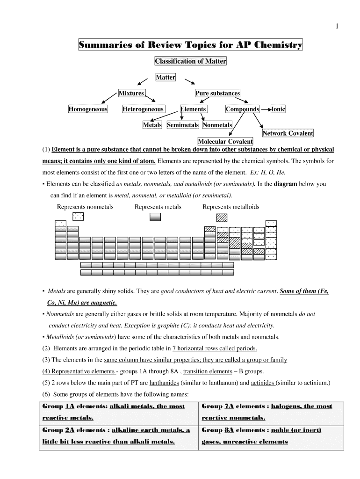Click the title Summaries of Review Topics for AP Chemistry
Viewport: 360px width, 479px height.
(190, 45)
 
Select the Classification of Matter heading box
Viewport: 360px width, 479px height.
(190, 61)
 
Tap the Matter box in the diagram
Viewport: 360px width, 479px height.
(166, 77)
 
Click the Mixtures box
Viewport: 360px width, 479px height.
(131, 93)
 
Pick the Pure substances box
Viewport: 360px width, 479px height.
(217, 93)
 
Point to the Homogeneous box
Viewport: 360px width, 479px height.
(88, 109)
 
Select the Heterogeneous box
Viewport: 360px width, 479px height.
(143, 109)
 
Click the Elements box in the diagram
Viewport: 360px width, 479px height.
(193, 109)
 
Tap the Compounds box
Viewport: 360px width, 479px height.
(242, 109)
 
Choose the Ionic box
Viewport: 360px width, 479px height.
(278, 109)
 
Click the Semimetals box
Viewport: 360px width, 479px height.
(183, 125)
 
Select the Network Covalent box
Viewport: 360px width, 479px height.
(288, 133)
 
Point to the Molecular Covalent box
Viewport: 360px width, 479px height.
(225, 141)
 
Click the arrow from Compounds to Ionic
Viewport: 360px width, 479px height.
(266, 109)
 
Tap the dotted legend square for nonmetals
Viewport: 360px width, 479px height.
(79, 216)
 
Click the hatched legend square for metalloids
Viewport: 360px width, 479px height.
(221, 217)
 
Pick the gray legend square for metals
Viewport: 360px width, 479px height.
(155, 217)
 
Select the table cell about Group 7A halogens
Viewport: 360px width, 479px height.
(272, 412)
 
